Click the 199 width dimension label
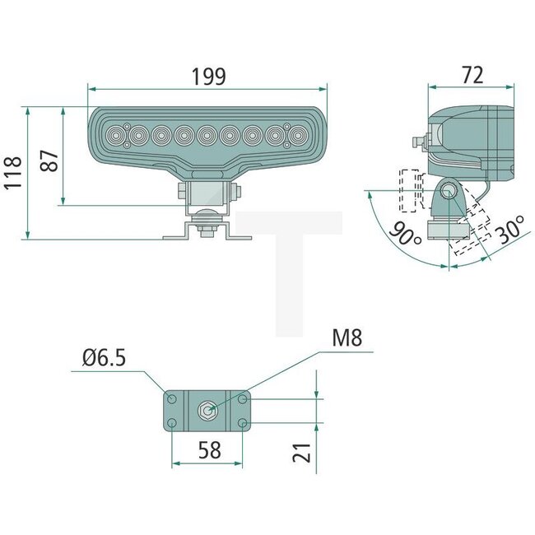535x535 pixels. point(209,77)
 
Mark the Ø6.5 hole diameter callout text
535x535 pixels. point(104,360)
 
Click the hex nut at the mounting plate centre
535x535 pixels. point(207,410)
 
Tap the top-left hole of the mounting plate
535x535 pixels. point(172,399)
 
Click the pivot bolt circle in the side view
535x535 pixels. point(449,192)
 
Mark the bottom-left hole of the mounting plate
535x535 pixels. point(172,423)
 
